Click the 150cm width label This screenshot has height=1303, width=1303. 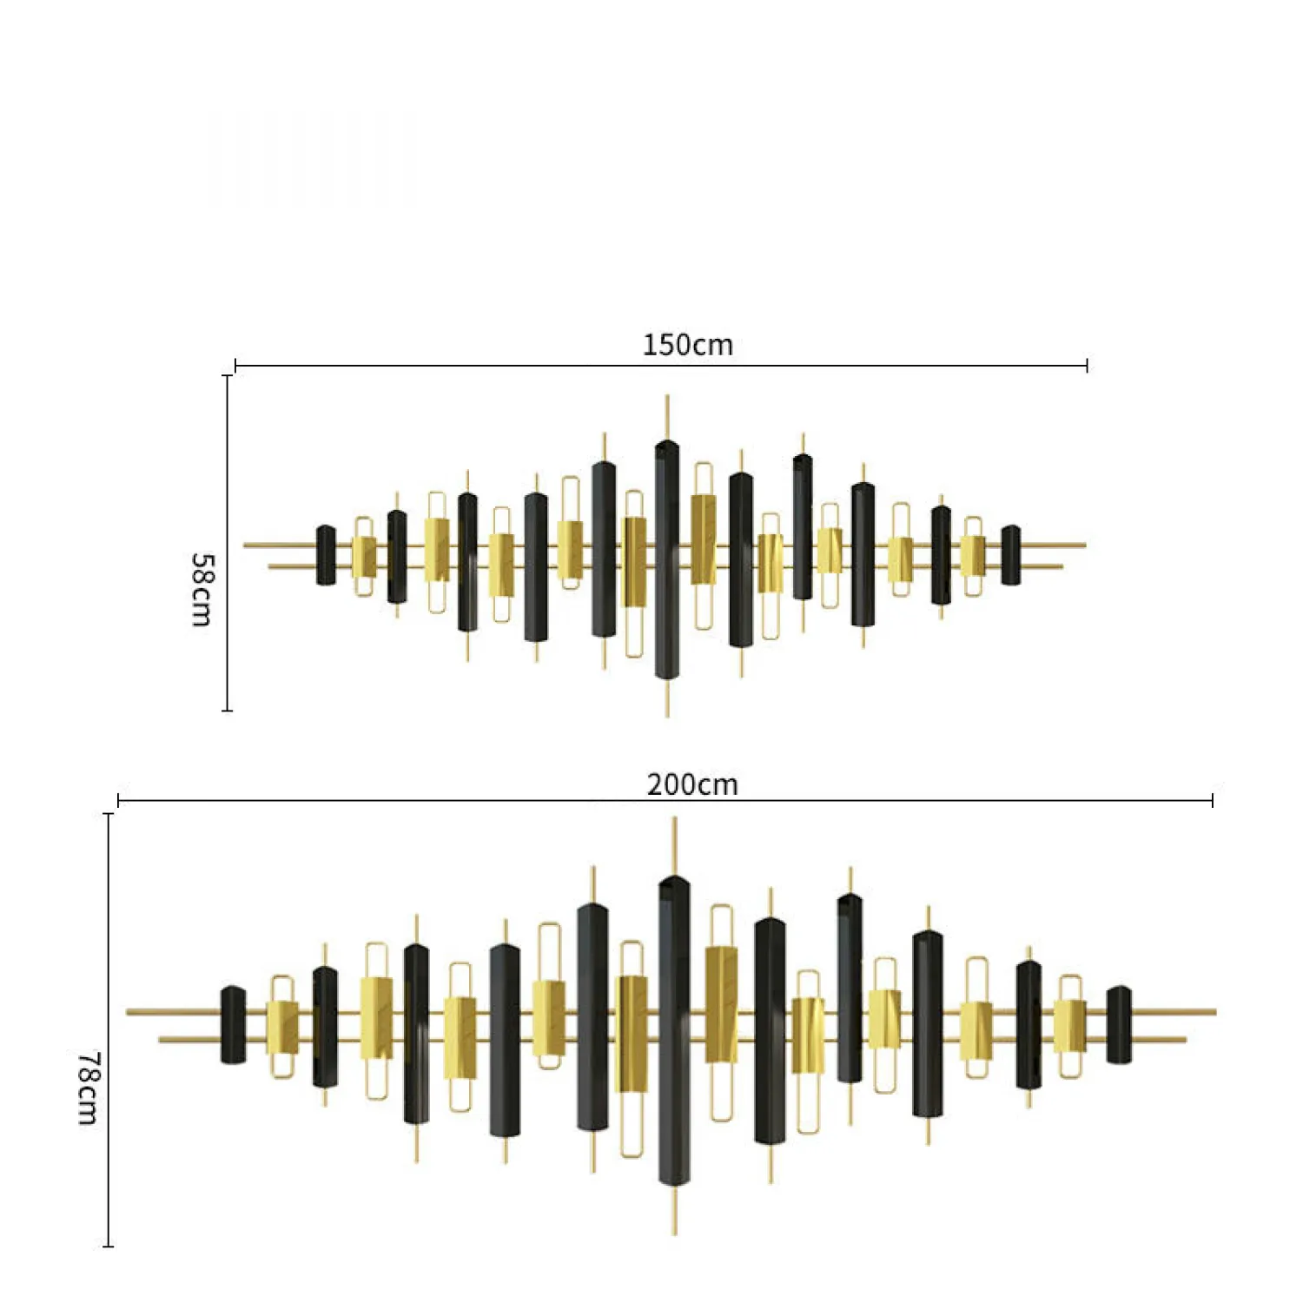click(x=687, y=345)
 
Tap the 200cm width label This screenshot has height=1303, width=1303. click(x=692, y=784)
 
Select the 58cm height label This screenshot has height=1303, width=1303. click(x=201, y=589)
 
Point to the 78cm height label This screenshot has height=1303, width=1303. click(x=88, y=1088)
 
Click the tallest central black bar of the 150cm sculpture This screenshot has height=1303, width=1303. click(x=667, y=559)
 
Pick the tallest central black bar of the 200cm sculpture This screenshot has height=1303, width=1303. click(x=674, y=1030)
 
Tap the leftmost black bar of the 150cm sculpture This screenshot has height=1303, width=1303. click(x=326, y=555)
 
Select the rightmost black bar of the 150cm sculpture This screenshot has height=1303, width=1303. click(x=1010, y=555)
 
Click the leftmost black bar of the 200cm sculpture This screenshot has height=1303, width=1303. click(x=233, y=1025)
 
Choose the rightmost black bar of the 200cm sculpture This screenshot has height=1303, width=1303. click(x=1119, y=1025)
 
